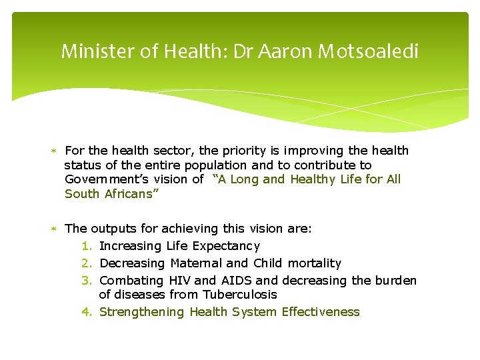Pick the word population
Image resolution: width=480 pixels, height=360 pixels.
pos(213,165)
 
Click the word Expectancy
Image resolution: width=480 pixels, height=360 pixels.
pos(226,246)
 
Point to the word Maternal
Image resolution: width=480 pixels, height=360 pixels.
pos(198,263)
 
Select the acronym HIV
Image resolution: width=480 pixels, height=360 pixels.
pos(180,281)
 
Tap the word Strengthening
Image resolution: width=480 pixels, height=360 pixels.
pos(141,311)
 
